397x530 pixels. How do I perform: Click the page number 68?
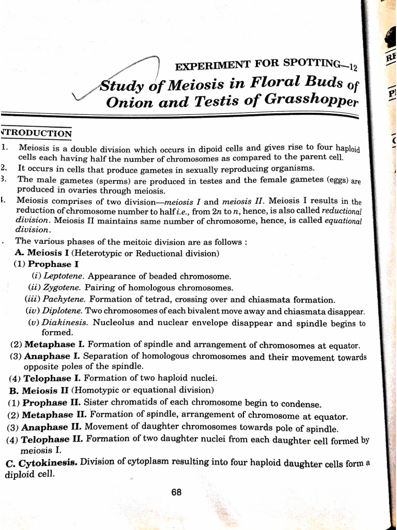point(176,492)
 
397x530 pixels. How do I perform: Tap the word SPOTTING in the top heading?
point(310,64)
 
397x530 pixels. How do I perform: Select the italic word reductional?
point(341,211)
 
